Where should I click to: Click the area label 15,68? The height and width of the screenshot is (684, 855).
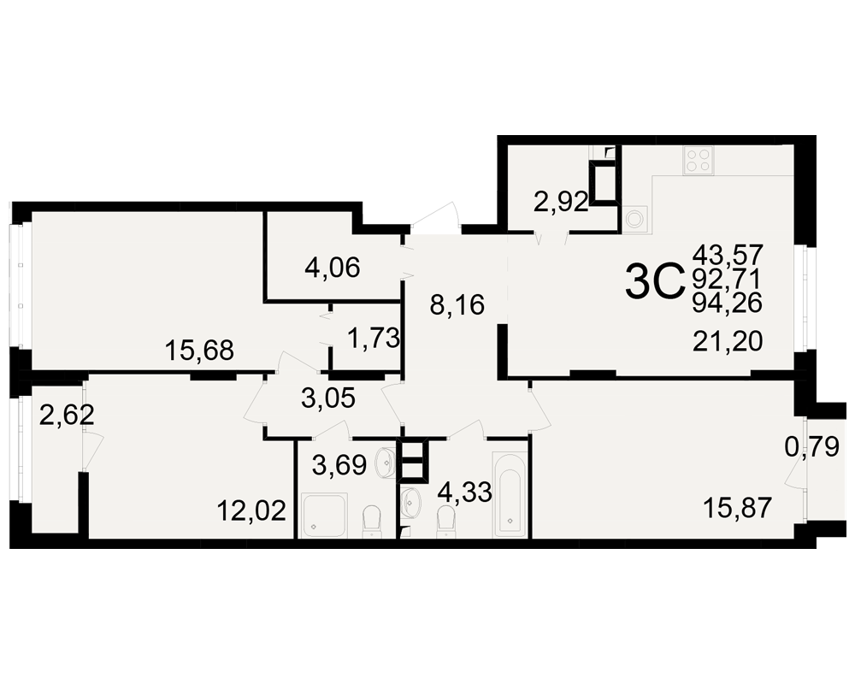[x=199, y=351]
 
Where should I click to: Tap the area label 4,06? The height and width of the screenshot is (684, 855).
[x=333, y=268]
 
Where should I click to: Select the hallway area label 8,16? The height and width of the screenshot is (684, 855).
[x=457, y=305]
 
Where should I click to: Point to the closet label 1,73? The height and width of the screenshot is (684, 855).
[x=374, y=339]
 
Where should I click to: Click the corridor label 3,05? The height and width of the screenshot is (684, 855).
[x=328, y=398]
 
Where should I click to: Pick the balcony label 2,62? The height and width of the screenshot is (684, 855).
[x=67, y=416]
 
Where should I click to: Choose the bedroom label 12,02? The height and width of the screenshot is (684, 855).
[x=251, y=511]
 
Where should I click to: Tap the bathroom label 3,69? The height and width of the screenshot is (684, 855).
[x=339, y=465]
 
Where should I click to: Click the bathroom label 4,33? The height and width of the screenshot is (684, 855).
[x=465, y=492]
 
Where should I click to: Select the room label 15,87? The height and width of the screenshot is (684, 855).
[x=737, y=509]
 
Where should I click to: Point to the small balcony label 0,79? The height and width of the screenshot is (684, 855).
[x=811, y=448]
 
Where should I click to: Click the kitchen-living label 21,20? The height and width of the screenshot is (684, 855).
[x=728, y=342]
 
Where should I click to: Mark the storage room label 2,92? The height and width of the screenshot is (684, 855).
[x=561, y=203]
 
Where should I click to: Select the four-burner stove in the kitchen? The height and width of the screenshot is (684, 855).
[x=699, y=161]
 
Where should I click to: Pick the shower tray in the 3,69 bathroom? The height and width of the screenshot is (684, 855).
[x=324, y=516]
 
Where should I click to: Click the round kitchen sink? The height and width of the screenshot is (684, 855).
[x=634, y=219]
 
